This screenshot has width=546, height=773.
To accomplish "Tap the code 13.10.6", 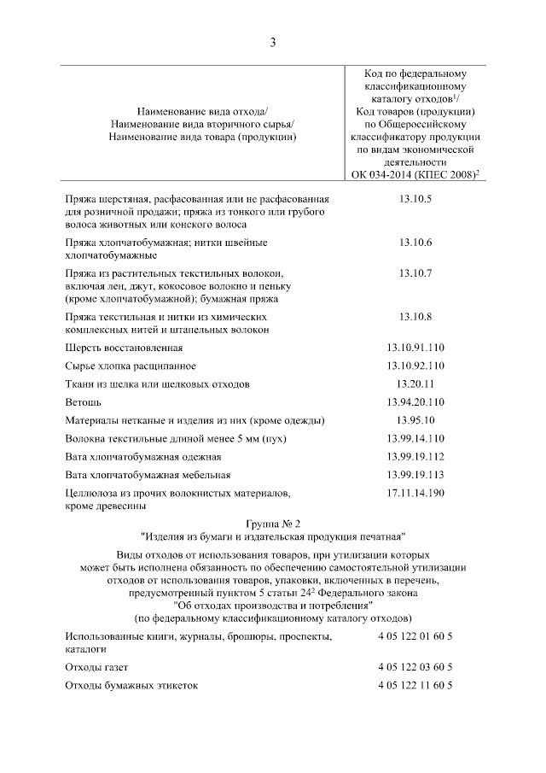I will point(415,243).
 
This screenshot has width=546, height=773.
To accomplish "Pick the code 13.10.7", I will point(415,273).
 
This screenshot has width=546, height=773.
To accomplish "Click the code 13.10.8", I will point(415,318).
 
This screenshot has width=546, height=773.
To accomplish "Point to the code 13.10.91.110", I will point(415,348).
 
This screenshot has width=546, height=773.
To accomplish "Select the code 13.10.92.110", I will point(415,366).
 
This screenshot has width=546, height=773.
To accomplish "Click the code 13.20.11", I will point(415,384).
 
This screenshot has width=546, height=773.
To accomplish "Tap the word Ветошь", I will point(84,401).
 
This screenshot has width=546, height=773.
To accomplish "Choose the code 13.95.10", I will point(415,419).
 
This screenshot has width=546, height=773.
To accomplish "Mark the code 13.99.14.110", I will point(415,438).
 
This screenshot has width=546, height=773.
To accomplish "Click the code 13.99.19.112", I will point(415,456).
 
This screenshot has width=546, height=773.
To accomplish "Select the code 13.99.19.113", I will point(415,474).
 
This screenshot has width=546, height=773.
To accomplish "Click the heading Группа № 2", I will point(273,523).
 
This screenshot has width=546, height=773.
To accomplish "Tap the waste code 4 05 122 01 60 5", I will point(415,637).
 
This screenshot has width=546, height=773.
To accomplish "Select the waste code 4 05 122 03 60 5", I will point(415,667).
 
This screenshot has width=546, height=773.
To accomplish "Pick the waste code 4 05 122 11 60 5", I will point(415,685).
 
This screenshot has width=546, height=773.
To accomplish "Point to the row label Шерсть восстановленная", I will point(124,348).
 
